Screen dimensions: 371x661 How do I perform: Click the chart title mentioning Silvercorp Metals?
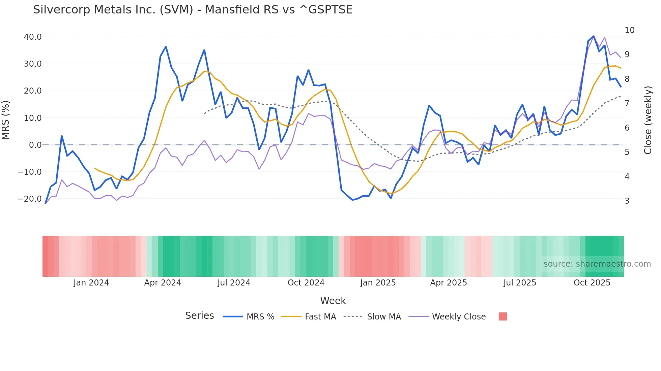193,10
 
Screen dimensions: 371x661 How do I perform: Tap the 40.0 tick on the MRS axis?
33,37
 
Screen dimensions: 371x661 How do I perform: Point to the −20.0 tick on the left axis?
30,199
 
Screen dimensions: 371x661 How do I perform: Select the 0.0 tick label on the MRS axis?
35,145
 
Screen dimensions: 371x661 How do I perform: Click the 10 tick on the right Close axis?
629,30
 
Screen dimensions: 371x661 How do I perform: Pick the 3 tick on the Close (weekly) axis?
627,201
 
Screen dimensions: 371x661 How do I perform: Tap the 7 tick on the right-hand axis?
627,103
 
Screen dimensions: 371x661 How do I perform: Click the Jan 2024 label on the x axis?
91,283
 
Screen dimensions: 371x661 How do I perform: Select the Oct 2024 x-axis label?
306,283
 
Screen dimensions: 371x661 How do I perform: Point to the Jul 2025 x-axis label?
520,283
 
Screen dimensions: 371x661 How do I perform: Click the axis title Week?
333,301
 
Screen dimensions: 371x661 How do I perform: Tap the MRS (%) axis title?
6,120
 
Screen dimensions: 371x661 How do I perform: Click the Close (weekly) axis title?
648,120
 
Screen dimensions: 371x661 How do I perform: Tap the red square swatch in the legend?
502,316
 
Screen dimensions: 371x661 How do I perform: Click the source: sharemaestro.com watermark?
597,264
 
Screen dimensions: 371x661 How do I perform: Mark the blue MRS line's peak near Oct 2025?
594,36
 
